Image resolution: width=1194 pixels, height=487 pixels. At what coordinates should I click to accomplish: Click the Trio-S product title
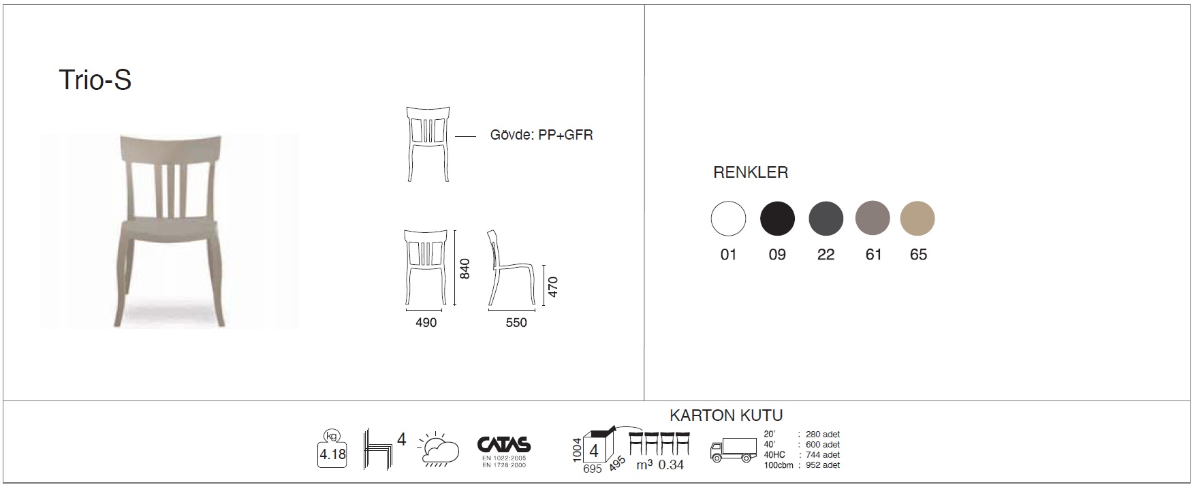pyautogui.click(x=95, y=80)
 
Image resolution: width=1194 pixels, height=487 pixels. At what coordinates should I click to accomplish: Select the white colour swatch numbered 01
pyautogui.click(x=728, y=219)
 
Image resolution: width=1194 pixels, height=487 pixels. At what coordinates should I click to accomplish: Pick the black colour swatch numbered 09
pyautogui.click(x=777, y=219)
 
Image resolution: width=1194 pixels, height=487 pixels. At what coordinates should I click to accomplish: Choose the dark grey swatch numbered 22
pyautogui.click(x=826, y=219)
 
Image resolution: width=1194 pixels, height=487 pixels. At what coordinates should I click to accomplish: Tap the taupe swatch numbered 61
pyautogui.click(x=873, y=219)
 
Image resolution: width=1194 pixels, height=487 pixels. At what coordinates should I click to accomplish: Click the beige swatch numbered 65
pyautogui.click(x=917, y=219)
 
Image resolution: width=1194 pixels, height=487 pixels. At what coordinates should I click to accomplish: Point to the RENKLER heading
pyautogui.click(x=751, y=172)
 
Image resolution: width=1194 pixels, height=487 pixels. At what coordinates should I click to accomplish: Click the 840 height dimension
pyautogui.click(x=466, y=269)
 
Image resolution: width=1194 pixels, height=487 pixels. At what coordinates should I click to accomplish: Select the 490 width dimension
pyautogui.click(x=426, y=323)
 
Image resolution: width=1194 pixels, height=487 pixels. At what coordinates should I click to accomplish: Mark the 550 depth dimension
pyautogui.click(x=516, y=323)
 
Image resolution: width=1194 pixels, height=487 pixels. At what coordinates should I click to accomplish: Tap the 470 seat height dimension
pyautogui.click(x=553, y=287)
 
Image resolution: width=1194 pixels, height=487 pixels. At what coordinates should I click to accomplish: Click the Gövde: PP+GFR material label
pyautogui.click(x=541, y=135)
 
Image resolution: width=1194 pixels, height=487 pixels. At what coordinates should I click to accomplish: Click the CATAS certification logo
pyautogui.click(x=504, y=451)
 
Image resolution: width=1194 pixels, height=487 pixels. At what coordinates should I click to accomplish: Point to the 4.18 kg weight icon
pyautogui.click(x=332, y=449)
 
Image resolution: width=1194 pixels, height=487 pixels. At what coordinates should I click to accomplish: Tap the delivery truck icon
pyautogui.click(x=733, y=450)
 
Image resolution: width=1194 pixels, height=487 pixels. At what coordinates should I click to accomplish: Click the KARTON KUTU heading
pyautogui.click(x=726, y=415)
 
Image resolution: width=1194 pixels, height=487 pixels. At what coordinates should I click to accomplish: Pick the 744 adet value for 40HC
pyautogui.click(x=822, y=455)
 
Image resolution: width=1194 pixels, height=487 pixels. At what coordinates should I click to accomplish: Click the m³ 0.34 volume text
pyautogui.click(x=660, y=465)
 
